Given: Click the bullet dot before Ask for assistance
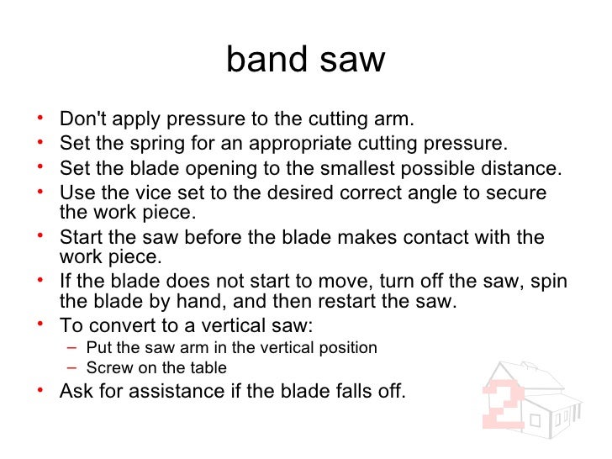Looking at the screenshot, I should [x=45, y=390].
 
